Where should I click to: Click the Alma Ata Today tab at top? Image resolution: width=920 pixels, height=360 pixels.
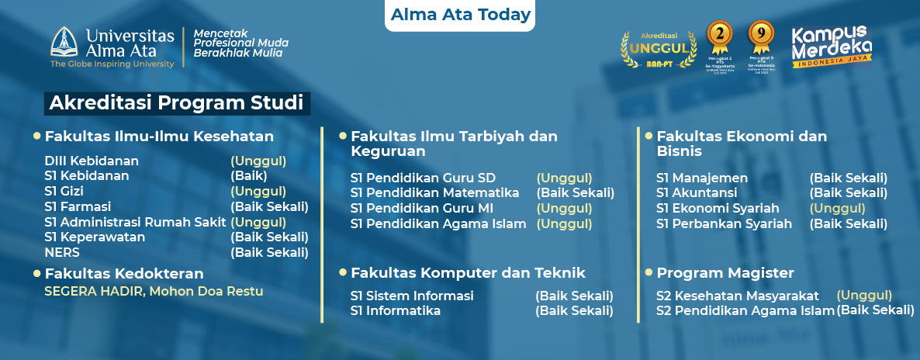pyautogui.click(x=461, y=15)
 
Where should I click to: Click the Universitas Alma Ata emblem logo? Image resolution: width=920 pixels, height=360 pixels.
pyautogui.click(x=65, y=43)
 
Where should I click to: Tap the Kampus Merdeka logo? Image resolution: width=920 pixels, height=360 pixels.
pyautogui.click(x=831, y=48)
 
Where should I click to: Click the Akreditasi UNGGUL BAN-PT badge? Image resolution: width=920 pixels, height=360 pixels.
pyautogui.click(x=657, y=48)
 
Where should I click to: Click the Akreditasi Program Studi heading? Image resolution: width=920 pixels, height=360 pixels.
pyautogui.click(x=176, y=103)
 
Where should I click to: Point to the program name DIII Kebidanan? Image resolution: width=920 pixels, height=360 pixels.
pyautogui.click(x=92, y=161)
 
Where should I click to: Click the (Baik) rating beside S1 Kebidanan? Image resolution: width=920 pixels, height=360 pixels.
pyautogui.click(x=249, y=176)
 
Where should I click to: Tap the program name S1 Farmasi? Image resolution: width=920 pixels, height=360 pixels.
pyautogui.click(x=78, y=207)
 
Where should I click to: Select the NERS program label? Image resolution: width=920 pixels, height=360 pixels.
pyautogui.click(x=62, y=252)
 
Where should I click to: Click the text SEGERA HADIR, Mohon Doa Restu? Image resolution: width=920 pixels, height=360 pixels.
pyautogui.click(x=154, y=292)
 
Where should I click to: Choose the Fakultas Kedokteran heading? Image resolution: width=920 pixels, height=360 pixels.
pyautogui.click(x=124, y=273)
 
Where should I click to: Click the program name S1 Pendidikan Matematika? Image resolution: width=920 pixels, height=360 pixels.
pyautogui.click(x=434, y=193)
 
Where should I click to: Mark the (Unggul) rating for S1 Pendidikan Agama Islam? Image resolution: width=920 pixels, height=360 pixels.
pyautogui.click(x=564, y=224)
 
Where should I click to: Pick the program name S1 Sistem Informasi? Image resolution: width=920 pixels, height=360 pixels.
pyautogui.click(x=411, y=296)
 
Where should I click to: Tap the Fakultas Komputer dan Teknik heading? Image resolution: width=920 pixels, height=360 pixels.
pyautogui.click(x=468, y=273)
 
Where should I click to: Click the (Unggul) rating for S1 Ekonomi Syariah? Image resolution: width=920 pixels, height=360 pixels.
pyautogui.click(x=837, y=209)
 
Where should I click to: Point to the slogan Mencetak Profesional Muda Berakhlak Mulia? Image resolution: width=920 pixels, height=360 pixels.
pyautogui.click(x=240, y=43)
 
